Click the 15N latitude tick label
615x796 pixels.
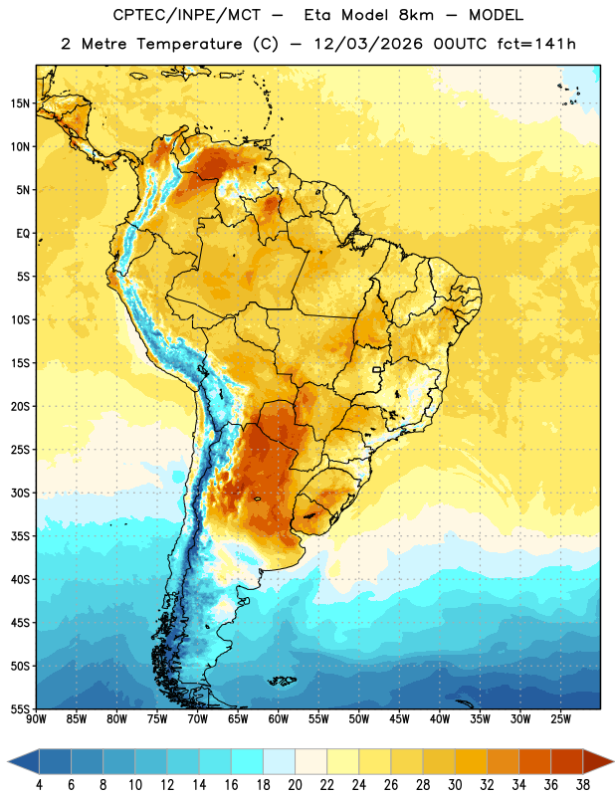click(x=20, y=103)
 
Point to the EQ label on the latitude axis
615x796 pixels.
click(x=23, y=234)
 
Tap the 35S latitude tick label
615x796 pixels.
click(x=20, y=536)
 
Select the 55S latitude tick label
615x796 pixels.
click(x=20, y=708)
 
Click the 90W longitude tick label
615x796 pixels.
click(x=37, y=719)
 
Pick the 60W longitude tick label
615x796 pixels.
click(x=279, y=719)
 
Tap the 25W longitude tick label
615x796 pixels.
click(x=560, y=719)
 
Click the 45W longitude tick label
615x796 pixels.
click(x=399, y=719)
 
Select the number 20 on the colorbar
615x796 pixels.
click(x=295, y=785)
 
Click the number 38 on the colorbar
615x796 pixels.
click(x=582, y=785)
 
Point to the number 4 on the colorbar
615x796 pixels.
click(x=39, y=785)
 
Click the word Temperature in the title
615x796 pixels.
click(x=189, y=44)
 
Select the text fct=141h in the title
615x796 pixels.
click(x=536, y=44)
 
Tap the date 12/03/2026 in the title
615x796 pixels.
click(x=368, y=44)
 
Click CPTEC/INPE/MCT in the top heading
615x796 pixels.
click(x=187, y=15)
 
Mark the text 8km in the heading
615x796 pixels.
click(x=416, y=15)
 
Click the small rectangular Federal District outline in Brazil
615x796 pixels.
click(x=377, y=369)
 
